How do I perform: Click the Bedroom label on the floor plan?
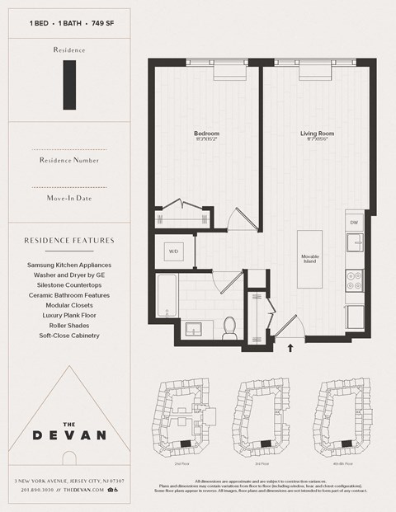point(206,134)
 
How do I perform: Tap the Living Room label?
point(317,134)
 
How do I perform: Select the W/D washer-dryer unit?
point(174,251)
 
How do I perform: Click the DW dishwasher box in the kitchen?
point(353,222)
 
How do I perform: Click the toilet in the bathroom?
point(230,326)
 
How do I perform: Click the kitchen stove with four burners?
point(354,279)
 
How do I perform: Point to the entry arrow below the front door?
point(290,348)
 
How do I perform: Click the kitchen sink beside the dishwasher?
point(354,242)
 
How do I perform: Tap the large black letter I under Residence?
point(69,85)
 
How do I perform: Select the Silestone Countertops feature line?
point(68,285)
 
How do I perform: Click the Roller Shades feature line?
point(68,325)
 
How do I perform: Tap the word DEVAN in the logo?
point(69,434)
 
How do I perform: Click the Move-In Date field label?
point(69,199)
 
